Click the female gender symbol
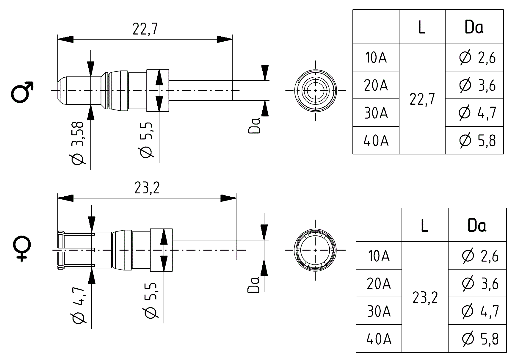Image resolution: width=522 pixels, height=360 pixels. tap(22, 249)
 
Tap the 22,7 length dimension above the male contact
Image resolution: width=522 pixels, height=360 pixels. tap(145, 29)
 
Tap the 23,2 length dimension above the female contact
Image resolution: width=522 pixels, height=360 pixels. tap(147, 188)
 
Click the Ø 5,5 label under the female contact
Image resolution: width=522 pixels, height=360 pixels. tap(151, 300)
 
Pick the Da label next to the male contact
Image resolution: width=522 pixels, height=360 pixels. tap(254, 125)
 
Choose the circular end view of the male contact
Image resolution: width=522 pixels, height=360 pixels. tap(315, 91)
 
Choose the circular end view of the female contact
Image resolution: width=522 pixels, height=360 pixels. tap(315, 250)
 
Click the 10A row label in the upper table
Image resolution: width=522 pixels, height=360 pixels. tap(376, 57)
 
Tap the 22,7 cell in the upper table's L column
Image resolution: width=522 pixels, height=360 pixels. tap(422, 99)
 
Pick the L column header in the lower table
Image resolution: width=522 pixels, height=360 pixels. tap(424, 226)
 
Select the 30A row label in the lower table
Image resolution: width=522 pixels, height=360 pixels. tap(379, 311)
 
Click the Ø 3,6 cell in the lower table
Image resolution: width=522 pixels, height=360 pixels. tap(480, 284)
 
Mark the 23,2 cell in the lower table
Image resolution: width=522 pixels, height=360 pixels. tap(425, 297)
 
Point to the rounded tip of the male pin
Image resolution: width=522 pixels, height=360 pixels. tap(61, 90)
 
